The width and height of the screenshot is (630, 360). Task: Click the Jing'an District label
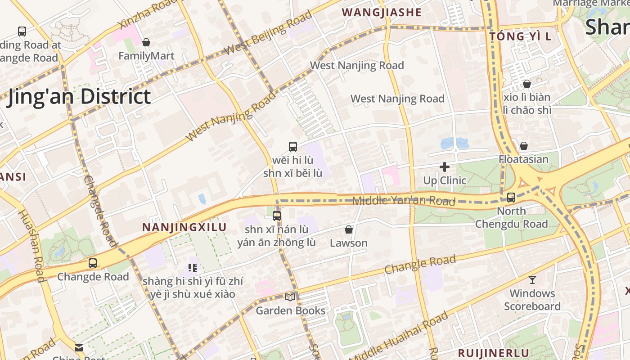pos(79,97)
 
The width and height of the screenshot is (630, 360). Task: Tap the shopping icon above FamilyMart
pos(146,42)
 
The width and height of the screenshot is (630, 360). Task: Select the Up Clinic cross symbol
pos(445,167)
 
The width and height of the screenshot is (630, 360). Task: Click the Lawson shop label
pos(349,243)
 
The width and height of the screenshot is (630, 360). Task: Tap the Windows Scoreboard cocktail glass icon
pos(532,280)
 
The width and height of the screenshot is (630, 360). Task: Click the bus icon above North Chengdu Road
pos(511,197)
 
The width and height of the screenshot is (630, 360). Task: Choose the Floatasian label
pos(523,159)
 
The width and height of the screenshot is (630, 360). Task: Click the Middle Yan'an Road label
pos(404,201)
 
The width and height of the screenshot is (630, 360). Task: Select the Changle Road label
pos(420,264)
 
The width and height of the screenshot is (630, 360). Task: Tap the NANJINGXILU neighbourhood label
pos(184,227)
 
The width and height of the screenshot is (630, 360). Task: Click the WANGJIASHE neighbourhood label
pos(382,13)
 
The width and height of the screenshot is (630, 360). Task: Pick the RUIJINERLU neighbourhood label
pos(494,353)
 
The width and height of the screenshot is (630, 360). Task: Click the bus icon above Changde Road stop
pos(93,263)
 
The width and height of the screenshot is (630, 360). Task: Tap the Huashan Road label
pos(32,246)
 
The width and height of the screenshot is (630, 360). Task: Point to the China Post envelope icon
pos(79,347)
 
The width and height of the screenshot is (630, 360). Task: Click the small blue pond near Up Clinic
pos(454,143)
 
